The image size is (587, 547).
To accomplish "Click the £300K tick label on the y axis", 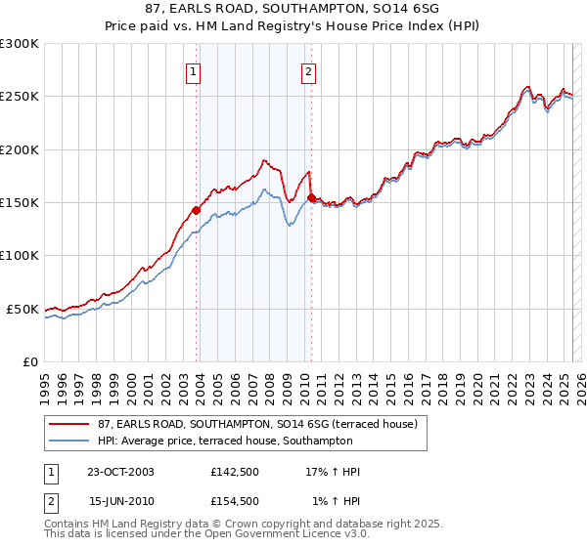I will point(20,44).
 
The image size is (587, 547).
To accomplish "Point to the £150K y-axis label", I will point(20,202).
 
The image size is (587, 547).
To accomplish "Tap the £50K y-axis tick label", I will point(23,309).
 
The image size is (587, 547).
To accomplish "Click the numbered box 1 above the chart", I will point(193,71).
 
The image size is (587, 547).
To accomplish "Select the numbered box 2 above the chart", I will point(308,71).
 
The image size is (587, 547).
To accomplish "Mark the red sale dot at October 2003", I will point(197,210).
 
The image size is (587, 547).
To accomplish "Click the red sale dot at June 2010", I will point(311,197).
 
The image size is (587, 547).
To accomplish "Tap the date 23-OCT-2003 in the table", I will point(120,472).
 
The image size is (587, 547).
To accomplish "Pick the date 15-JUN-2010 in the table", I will point(120,501).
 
